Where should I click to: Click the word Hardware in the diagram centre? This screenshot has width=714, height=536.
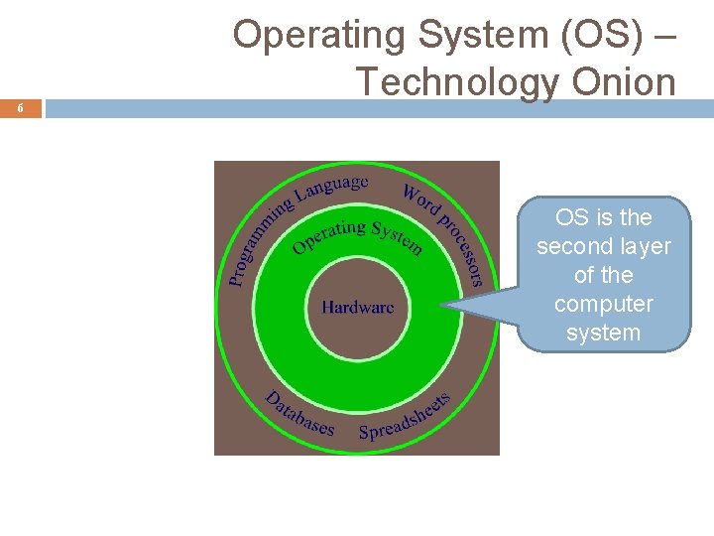(357, 308)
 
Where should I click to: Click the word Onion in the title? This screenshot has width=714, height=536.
(624, 80)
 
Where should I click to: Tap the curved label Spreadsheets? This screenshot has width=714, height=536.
(405, 418)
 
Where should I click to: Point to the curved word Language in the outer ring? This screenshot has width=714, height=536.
(332, 186)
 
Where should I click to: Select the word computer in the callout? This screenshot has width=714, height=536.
(603, 304)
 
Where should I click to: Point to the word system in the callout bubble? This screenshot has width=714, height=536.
(603, 333)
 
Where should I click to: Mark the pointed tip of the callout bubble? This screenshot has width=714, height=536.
(443, 309)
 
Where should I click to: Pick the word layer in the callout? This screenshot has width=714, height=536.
(647, 246)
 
